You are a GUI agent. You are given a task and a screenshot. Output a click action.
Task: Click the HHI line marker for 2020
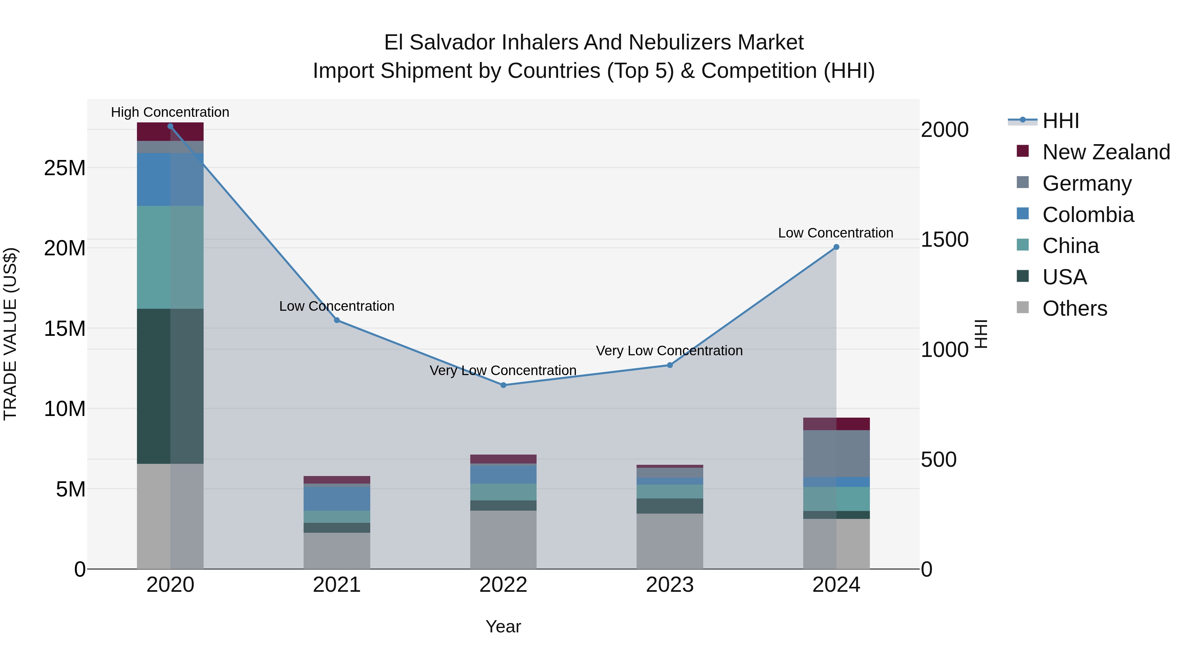170,126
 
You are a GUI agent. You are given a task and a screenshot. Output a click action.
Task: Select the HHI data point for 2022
503,385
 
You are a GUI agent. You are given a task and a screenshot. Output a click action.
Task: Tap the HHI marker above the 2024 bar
836,247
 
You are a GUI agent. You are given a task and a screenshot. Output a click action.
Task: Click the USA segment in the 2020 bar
170,386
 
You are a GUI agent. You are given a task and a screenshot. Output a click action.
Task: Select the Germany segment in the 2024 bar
836,453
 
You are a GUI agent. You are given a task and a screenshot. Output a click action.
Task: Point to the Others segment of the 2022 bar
503,539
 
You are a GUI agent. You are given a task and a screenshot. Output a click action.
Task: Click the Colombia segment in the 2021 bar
337,498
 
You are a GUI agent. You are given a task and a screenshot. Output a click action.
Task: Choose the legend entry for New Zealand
1105,152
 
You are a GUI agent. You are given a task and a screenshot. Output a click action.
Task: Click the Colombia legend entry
1087,215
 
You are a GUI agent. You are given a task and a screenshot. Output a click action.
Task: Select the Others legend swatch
1022,307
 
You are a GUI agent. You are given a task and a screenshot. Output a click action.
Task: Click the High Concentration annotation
170,112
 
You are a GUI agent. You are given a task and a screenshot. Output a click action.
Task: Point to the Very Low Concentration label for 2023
669,351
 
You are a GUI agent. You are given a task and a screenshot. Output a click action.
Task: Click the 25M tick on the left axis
65,168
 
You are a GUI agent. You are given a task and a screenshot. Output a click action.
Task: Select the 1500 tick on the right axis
944,240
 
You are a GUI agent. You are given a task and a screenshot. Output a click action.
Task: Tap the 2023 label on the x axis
670,585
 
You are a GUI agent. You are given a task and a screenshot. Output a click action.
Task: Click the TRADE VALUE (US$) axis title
11,334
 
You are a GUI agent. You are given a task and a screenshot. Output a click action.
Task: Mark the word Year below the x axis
503,626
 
